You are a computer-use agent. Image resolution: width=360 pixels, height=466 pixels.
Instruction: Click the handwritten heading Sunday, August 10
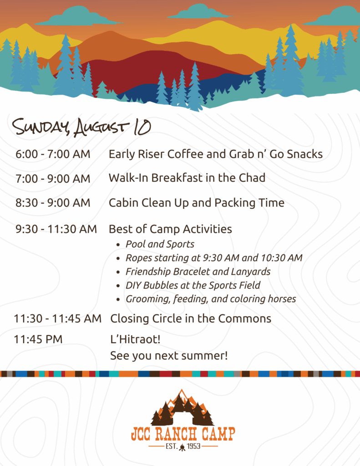click(81, 127)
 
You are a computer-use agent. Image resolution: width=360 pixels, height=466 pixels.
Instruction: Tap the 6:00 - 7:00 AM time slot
click(53, 154)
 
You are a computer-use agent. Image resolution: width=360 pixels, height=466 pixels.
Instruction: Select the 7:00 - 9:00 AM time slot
click(53, 178)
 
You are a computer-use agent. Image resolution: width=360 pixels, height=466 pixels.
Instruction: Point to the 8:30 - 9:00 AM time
click(53, 203)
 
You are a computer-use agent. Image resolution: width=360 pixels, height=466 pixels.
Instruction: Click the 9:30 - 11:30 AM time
click(56, 229)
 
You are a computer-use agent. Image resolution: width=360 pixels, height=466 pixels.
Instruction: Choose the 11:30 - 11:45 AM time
click(58, 319)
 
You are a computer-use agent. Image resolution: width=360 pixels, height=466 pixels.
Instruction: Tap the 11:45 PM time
click(38, 339)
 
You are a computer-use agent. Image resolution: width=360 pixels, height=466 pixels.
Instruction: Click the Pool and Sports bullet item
click(160, 244)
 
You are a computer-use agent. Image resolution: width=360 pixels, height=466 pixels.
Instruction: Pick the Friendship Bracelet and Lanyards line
click(198, 272)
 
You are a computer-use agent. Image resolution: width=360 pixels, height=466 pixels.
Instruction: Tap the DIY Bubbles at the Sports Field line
click(193, 285)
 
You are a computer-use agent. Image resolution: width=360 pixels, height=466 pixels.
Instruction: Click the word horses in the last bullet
click(282, 299)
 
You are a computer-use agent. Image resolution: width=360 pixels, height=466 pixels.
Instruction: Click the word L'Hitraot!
click(135, 339)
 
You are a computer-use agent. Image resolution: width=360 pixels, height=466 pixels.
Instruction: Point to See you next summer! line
click(169, 356)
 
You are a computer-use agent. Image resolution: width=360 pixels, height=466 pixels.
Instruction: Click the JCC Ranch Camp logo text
click(183, 434)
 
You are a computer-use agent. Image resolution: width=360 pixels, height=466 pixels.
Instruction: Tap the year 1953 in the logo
click(193, 446)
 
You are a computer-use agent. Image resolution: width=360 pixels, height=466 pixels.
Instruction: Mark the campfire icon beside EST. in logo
click(182, 447)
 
